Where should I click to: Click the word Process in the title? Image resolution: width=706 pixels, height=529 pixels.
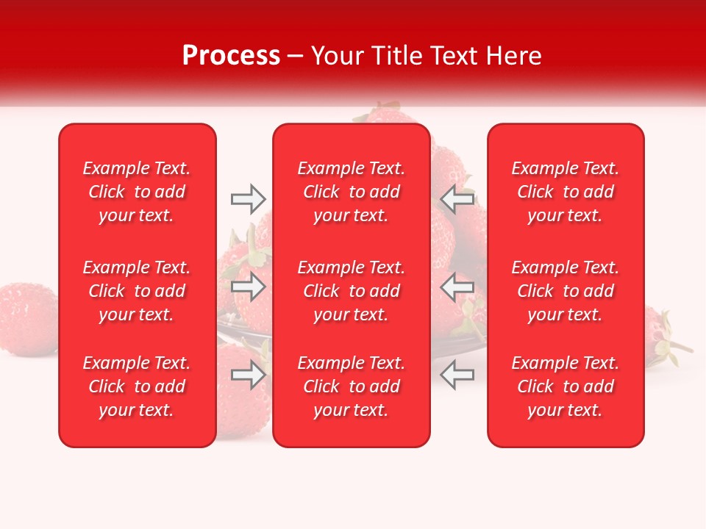click(x=231, y=56)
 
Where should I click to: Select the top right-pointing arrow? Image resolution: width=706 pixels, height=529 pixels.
click(x=249, y=199)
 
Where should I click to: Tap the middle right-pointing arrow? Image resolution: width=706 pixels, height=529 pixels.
click(x=249, y=287)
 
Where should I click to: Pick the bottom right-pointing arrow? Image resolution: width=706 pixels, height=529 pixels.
click(x=249, y=375)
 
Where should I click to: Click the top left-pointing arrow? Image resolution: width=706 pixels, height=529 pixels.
click(x=457, y=199)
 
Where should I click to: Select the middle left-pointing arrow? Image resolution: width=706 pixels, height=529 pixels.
click(x=457, y=287)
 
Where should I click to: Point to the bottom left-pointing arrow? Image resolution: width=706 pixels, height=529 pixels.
click(x=457, y=375)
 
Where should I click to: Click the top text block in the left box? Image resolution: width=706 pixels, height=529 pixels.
click(x=137, y=192)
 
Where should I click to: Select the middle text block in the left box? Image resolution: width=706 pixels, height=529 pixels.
click(x=137, y=291)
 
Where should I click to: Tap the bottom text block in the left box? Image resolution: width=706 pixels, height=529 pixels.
click(x=137, y=386)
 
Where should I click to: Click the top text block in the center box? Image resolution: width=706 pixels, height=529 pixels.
click(x=352, y=192)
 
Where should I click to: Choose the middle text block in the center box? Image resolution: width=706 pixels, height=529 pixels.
click(x=352, y=291)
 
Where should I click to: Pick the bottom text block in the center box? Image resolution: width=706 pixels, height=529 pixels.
click(x=352, y=386)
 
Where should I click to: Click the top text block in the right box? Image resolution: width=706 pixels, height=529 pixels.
click(x=566, y=192)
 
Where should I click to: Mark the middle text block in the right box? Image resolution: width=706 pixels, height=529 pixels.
click(x=566, y=291)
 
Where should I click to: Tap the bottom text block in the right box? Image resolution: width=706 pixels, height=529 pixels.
click(x=566, y=386)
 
